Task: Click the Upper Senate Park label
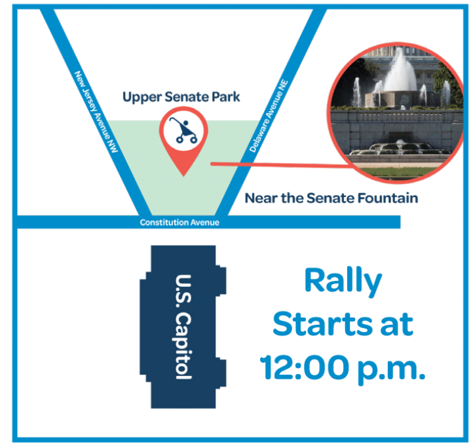(181, 98)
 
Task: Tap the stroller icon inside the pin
(183, 130)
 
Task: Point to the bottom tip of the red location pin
(183, 176)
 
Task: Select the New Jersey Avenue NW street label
(96, 111)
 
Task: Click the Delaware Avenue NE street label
(269, 116)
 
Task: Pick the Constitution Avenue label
(179, 223)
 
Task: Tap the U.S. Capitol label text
(183, 327)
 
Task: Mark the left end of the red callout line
(212, 164)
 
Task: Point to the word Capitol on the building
(183, 346)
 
